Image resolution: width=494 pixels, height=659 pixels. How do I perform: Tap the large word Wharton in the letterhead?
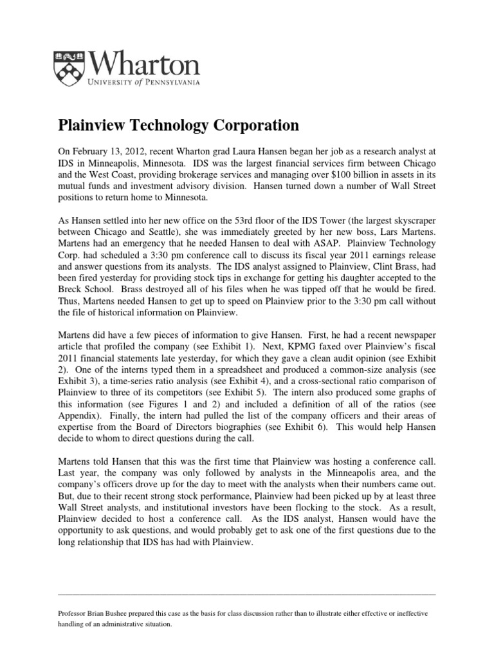click(143, 62)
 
